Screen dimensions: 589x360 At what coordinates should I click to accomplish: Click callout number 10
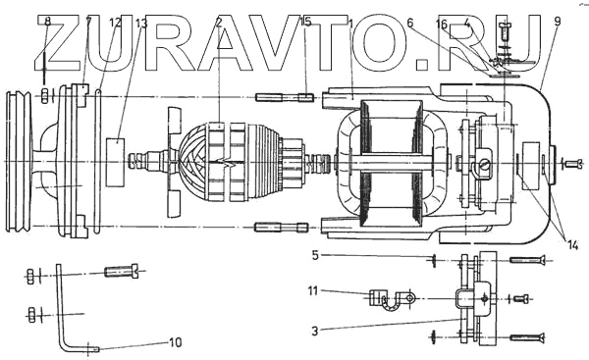pyautogui.click(x=175, y=342)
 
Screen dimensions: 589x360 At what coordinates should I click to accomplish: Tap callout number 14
pyautogui.click(x=572, y=246)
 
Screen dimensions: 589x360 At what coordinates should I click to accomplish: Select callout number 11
pyautogui.click(x=313, y=291)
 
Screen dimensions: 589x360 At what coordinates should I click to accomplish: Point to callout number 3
pyautogui.click(x=315, y=332)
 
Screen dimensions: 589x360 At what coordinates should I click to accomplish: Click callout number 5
pyautogui.click(x=315, y=255)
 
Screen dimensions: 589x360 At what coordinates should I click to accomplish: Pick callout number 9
pyautogui.click(x=557, y=22)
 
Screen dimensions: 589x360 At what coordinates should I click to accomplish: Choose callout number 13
pyautogui.click(x=141, y=24)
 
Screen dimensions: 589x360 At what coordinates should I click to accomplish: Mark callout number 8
pyautogui.click(x=47, y=22)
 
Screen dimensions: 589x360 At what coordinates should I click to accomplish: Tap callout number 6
pyautogui.click(x=410, y=23)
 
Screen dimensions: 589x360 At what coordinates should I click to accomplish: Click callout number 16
pyautogui.click(x=442, y=25)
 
